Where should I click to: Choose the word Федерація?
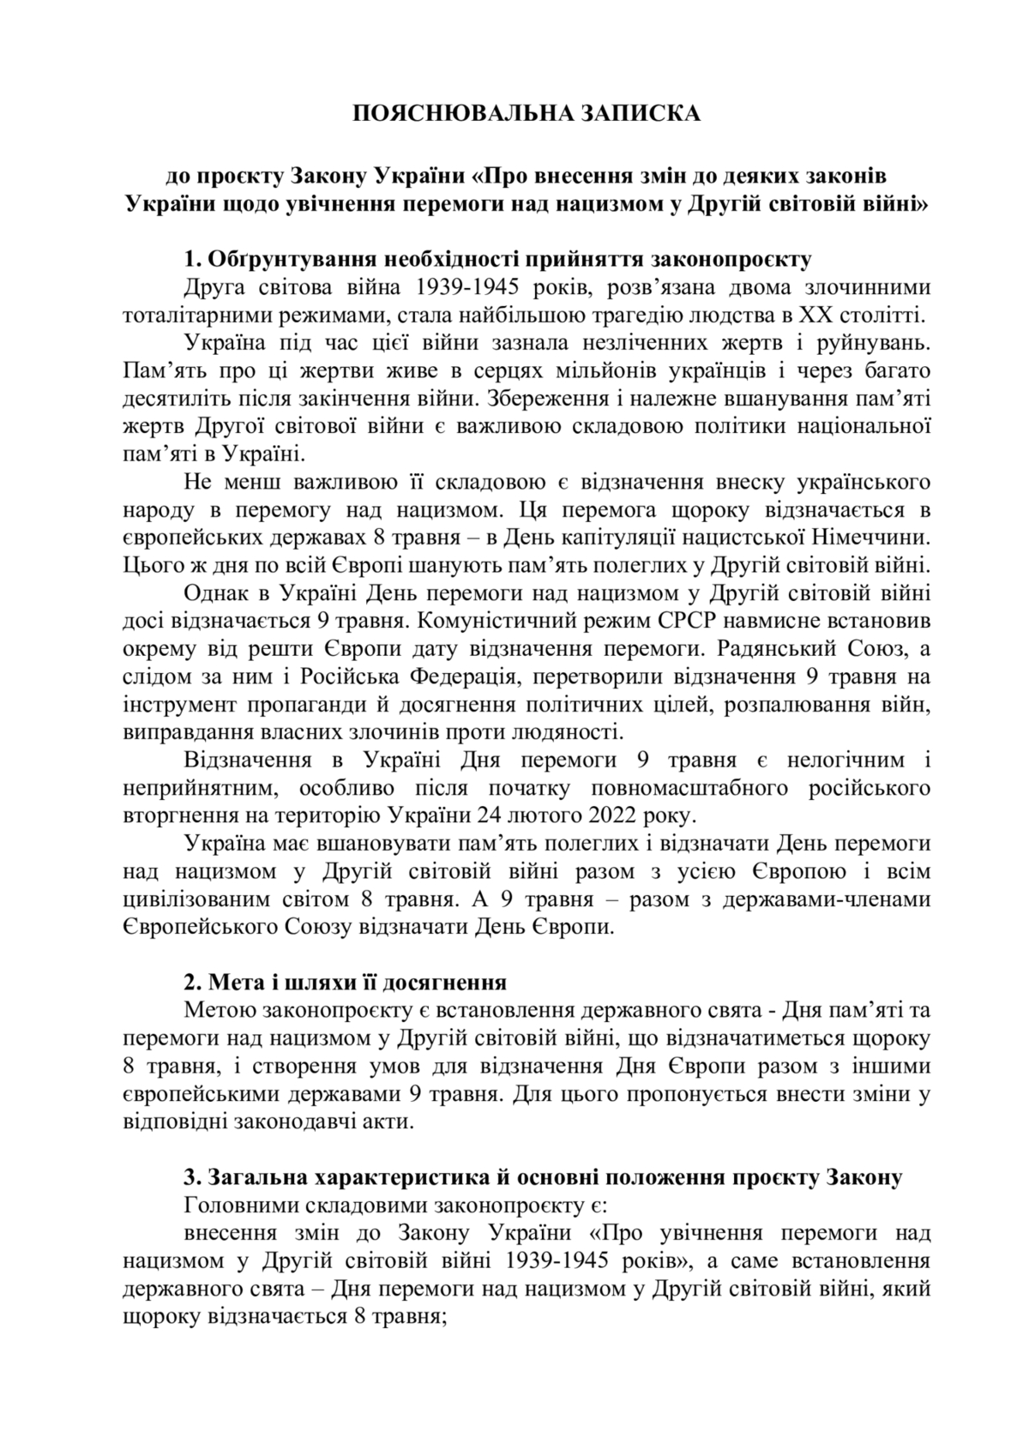pos(464,676)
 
